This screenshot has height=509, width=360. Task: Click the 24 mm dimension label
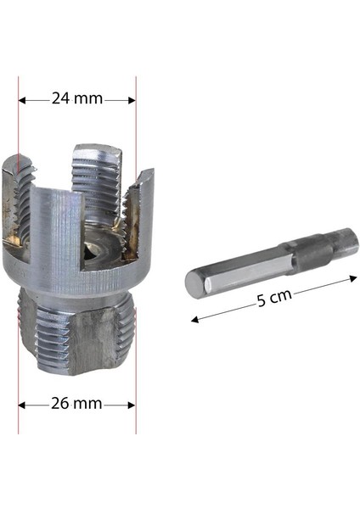pyautogui.click(x=77, y=98)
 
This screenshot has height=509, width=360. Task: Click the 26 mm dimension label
pyautogui.click(x=77, y=404)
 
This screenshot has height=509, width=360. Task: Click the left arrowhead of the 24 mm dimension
pyautogui.click(x=23, y=99)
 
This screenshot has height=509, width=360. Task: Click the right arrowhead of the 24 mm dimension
pyautogui.click(x=132, y=99)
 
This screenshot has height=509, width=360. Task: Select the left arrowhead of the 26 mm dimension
pyautogui.click(x=23, y=405)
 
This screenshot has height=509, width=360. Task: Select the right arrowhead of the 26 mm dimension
pyautogui.click(x=132, y=405)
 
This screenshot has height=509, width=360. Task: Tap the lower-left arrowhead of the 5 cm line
pyautogui.click(x=193, y=320)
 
